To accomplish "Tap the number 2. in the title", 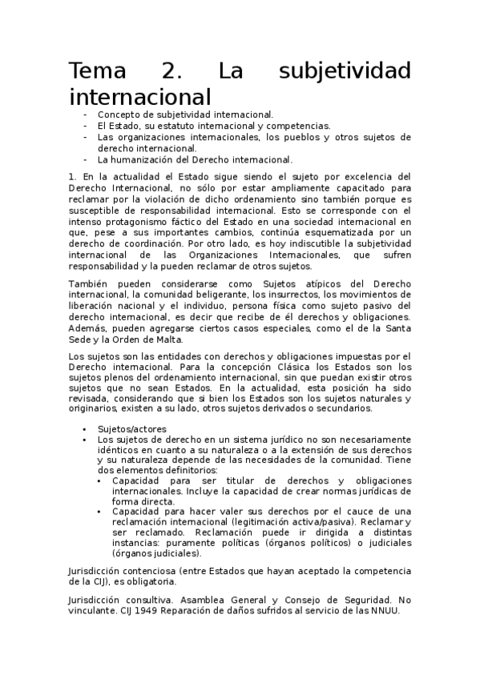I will tap(171, 70).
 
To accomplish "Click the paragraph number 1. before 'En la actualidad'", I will tap(72, 176).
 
